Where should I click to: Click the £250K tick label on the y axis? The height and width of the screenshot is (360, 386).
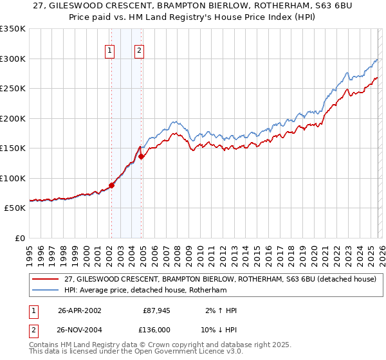13,88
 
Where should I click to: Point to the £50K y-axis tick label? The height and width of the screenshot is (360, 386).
15,208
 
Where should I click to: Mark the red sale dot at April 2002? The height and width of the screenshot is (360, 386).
111,185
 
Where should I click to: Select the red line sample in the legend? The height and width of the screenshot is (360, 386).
46,279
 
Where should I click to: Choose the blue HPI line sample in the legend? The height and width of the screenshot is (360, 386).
46,290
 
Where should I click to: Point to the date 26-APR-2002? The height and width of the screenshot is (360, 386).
79,310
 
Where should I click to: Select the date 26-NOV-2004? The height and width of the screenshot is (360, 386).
79,329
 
